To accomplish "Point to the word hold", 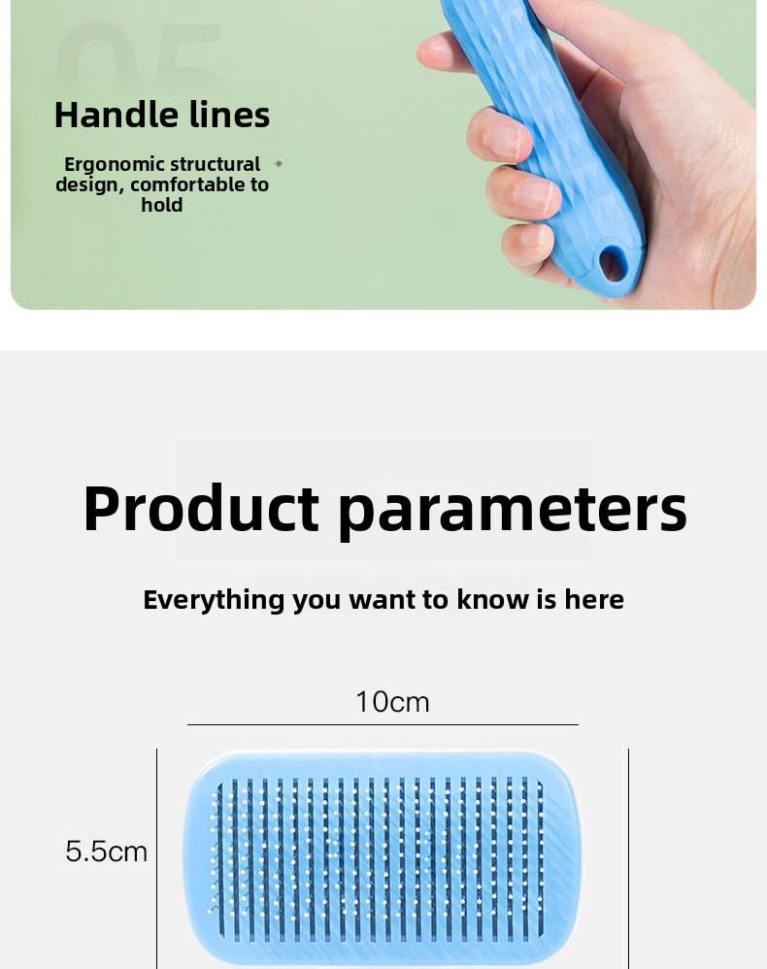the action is (162, 205).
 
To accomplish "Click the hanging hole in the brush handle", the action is (613, 264).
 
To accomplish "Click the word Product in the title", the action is (201, 509).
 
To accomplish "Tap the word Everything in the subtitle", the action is (214, 600).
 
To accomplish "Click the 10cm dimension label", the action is (392, 702).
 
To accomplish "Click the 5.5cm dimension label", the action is (106, 852).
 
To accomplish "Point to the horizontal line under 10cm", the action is (383, 724).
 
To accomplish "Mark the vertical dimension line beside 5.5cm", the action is (157, 859).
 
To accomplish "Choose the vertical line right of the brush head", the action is (628, 859).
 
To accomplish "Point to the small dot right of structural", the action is (279, 164).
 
